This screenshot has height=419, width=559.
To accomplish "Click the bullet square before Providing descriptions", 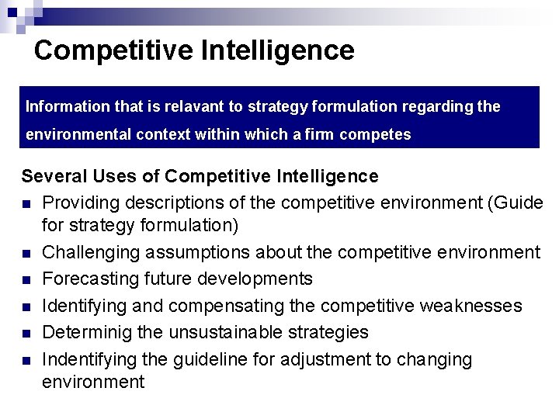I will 26,203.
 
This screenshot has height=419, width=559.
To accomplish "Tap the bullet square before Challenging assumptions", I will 26,254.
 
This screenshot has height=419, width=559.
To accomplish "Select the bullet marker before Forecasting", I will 26,280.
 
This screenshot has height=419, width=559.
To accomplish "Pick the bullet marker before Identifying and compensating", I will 26,306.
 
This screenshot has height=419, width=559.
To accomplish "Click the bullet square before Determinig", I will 26,334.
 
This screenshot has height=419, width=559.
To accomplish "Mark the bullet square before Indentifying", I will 26,360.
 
